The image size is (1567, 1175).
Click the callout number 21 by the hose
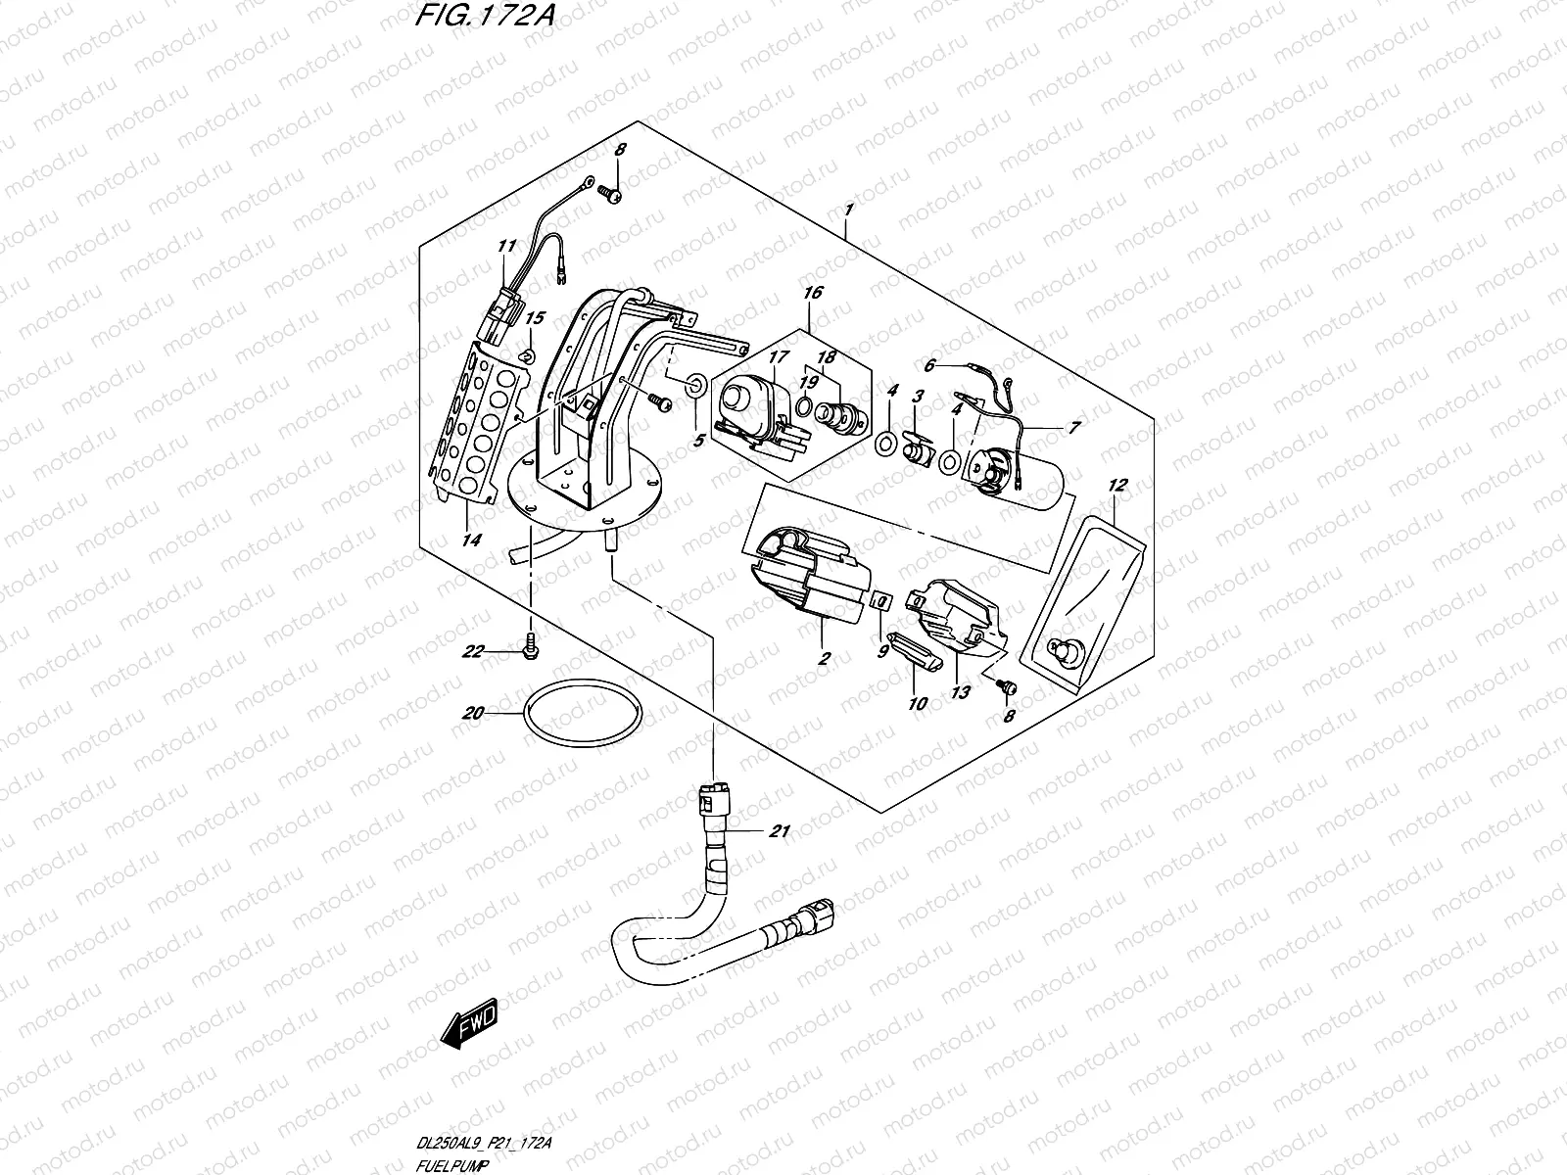779,832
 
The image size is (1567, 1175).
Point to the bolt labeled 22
530,644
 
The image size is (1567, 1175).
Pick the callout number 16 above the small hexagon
812,292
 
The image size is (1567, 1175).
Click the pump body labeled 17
748,401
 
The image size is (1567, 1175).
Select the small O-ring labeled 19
801,406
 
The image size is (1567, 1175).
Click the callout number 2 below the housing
824,659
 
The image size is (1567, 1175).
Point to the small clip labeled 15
526,354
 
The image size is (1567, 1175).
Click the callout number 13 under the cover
961,692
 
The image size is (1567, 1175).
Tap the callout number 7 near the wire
1074,427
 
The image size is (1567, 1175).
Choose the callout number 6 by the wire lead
931,364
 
